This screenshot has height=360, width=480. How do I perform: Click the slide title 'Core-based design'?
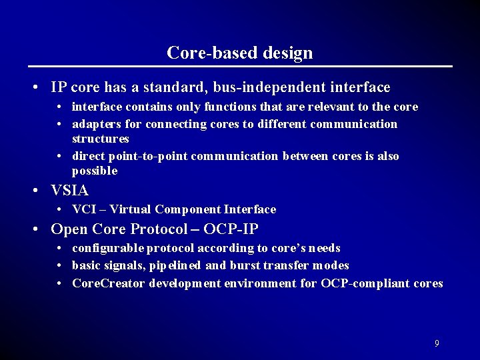pos(239,53)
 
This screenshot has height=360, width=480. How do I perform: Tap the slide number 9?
pos(436,343)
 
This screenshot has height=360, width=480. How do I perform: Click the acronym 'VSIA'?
pos(69,190)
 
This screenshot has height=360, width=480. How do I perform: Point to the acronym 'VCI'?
pos(84,209)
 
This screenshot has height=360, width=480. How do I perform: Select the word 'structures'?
pos(100,139)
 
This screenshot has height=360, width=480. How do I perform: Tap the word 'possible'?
pos(95,171)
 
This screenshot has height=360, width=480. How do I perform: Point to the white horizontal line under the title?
pos(239,67)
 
